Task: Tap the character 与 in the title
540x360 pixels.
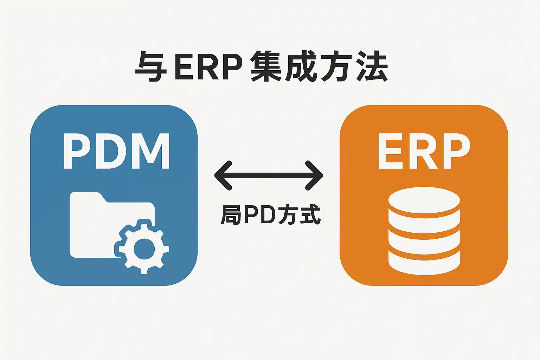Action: click(150, 66)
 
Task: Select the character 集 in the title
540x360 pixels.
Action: click(266, 66)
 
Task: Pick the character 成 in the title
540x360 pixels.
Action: click(301, 66)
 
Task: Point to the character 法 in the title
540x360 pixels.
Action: click(372, 66)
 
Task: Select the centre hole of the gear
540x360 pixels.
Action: click(144, 249)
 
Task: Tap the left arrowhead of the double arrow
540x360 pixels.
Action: click(223, 175)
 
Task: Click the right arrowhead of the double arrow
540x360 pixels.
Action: click(314, 175)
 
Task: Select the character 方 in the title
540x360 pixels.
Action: click(336, 66)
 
